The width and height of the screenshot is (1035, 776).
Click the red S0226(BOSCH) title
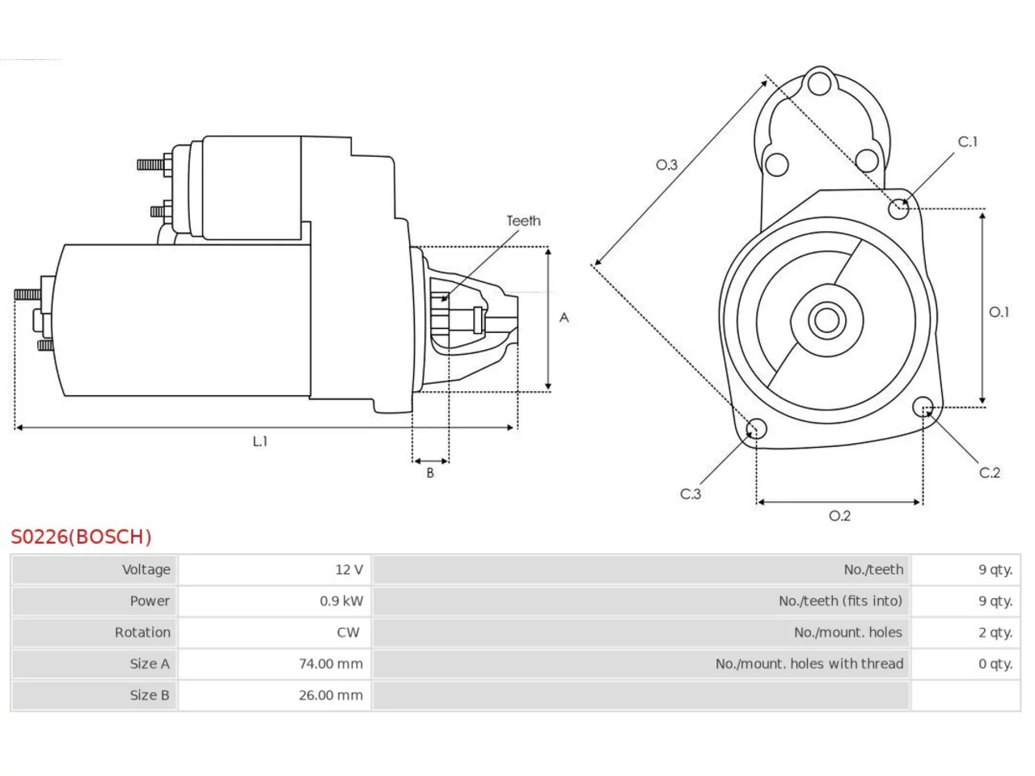81,537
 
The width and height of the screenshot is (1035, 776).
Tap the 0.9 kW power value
341,601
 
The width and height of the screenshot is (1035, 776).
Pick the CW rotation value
348,632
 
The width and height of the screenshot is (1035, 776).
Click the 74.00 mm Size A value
331,664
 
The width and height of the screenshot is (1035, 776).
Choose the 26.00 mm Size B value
331,695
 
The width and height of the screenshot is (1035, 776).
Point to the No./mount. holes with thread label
809,664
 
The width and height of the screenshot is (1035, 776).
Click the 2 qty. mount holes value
995,632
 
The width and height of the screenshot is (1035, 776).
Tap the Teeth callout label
523,221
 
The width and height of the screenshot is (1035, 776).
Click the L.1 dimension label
260,441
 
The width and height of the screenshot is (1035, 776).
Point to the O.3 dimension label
666,164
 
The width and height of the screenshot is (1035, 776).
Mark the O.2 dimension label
839,516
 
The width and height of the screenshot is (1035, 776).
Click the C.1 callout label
968,141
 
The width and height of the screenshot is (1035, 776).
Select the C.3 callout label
691,494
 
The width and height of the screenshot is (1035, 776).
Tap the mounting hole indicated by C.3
756,428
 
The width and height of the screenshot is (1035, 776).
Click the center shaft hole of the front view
826,320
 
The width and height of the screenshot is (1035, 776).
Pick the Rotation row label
142,632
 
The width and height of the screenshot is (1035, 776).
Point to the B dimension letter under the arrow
430,473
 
